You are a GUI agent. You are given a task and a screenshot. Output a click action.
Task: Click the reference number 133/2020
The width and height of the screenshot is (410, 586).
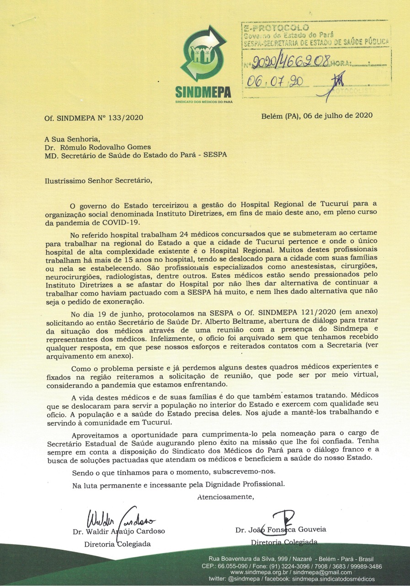[x=128, y=118]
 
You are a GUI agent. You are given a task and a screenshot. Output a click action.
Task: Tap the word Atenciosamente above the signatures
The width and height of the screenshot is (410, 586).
[x=225, y=496]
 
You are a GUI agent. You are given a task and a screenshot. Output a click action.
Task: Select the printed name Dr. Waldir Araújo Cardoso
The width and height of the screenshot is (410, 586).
[x=119, y=532]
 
